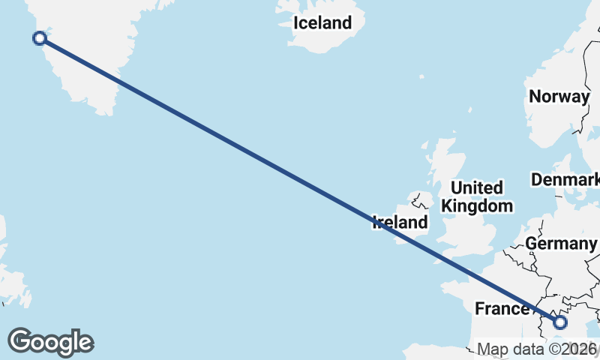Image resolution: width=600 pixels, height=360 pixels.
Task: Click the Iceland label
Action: [322, 23]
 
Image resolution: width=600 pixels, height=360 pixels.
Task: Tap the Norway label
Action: [559, 97]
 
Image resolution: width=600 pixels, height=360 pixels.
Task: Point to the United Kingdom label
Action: [477, 196]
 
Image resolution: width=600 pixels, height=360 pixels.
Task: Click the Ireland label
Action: [400, 222]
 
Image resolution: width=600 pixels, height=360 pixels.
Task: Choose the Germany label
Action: [560, 244]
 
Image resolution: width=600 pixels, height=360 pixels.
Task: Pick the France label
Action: [502, 309]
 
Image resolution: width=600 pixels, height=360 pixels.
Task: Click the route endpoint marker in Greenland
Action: [40, 38]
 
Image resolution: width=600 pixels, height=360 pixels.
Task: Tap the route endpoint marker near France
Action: [559, 322]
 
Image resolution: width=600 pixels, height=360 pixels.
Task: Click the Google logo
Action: [50, 342]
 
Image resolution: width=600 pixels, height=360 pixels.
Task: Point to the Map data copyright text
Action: [537, 349]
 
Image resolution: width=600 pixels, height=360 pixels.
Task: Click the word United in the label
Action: [477, 187]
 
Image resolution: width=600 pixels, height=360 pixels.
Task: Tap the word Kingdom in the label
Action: [477, 205]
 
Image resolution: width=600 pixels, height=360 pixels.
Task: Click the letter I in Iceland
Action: [295, 23]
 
